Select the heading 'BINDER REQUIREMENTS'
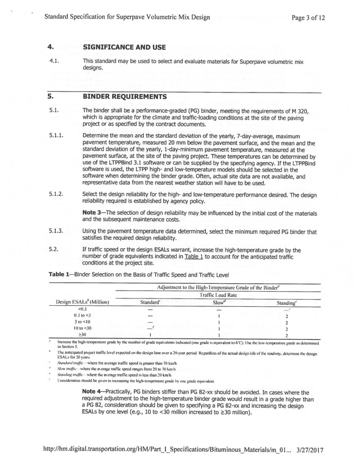pyautogui.click(x=124, y=96)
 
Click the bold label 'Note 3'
pyautogui.click(x=94, y=212)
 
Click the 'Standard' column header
pyautogui.click(x=150, y=302)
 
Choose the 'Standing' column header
pyautogui.click(x=287, y=302)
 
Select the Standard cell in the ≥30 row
pyautogui.click(x=150, y=334)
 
